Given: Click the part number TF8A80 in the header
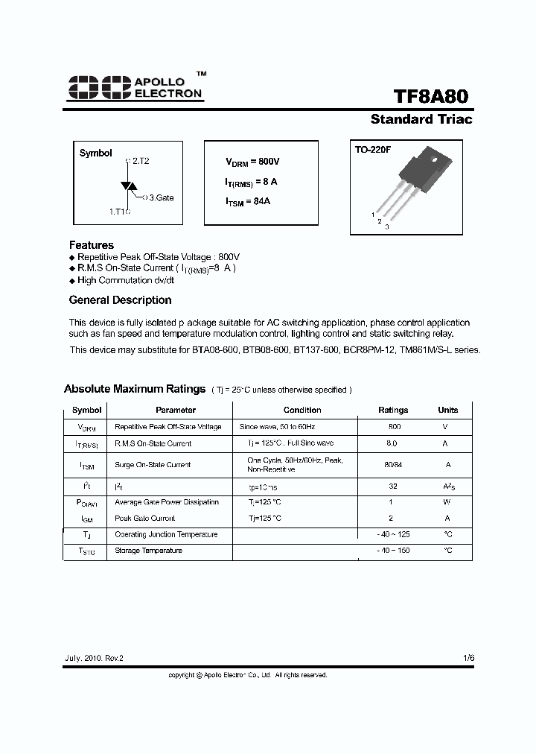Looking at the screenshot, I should (431, 98).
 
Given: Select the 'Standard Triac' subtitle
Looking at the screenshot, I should (421, 119).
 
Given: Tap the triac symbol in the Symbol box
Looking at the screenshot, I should (127, 186).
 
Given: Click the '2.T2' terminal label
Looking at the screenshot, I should (139, 161).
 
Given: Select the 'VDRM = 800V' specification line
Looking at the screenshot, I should (252, 162).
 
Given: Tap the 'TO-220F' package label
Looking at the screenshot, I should (373, 150).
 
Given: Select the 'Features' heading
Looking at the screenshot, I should (92, 244).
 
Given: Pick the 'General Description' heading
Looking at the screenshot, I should (120, 300).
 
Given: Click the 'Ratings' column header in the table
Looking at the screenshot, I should (393, 410).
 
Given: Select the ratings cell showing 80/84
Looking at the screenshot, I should (393, 464).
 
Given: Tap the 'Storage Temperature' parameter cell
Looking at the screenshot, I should (148, 551).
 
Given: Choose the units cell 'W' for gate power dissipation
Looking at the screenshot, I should (447, 501).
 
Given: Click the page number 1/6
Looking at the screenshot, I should (468, 659).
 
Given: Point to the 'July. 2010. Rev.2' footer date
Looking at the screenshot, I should (93, 659).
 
